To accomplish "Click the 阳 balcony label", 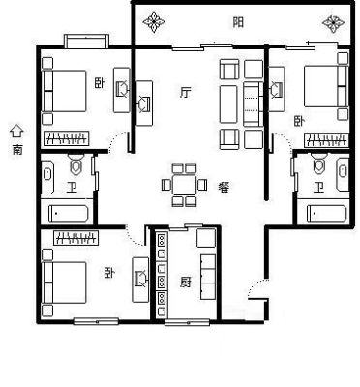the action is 238,22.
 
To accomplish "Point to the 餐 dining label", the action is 224,187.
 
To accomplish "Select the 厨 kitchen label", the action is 186,283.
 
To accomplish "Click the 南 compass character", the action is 17,150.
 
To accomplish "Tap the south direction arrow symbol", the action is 16,132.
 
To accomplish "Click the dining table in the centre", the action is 184,185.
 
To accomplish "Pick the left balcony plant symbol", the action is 154,22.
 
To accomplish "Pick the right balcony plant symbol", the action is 334,22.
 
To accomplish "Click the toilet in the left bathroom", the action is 75,164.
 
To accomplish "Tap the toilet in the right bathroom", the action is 319,164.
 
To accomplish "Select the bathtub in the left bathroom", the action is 69,214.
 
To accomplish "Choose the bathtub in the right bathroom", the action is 327,213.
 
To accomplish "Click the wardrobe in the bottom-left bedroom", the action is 76,238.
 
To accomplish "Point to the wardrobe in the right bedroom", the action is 326,140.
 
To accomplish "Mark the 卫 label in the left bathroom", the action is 71,188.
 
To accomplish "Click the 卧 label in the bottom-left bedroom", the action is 109,274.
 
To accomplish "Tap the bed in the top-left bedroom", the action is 64,91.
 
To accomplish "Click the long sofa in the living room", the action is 228,104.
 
